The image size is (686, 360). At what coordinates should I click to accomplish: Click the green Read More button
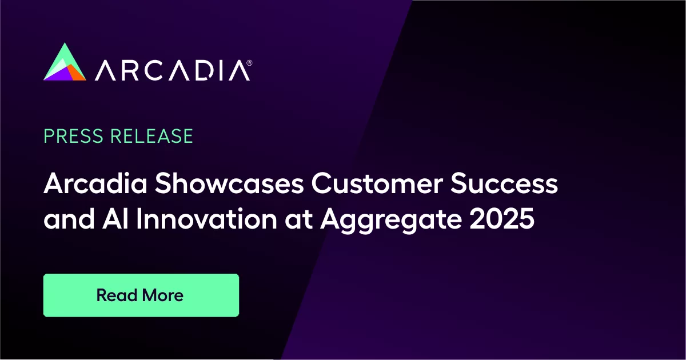141,295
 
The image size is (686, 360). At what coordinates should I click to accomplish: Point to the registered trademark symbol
248,61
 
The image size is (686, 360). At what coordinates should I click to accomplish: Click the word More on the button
162,295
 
